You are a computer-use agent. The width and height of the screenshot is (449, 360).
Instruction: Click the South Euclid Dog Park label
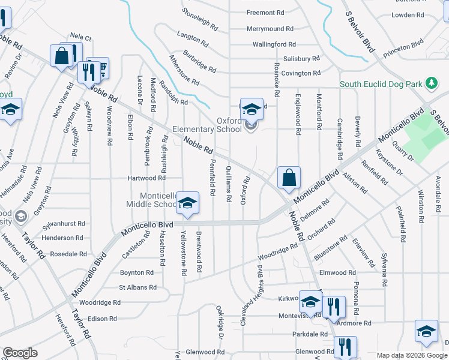coord(381,84)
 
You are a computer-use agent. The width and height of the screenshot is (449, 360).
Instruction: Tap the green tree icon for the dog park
coord(430,82)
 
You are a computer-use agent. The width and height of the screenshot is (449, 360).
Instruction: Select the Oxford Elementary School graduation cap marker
coord(252,109)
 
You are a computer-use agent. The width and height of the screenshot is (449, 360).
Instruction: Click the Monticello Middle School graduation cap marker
coord(188,203)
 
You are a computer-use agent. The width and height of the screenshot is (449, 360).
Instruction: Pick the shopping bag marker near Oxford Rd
coord(289,178)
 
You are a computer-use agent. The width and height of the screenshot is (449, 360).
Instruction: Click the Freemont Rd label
coord(265,13)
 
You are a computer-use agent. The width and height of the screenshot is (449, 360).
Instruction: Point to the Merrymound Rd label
coord(270,28)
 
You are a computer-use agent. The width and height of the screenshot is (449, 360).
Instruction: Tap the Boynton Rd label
coord(137,272)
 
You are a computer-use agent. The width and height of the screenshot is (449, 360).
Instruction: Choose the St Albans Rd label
coord(137,287)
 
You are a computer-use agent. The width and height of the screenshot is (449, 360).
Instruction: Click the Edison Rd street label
coord(101,319)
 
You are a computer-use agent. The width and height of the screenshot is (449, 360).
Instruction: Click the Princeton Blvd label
coord(403,46)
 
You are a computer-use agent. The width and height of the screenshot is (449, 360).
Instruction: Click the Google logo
coord(20,352)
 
